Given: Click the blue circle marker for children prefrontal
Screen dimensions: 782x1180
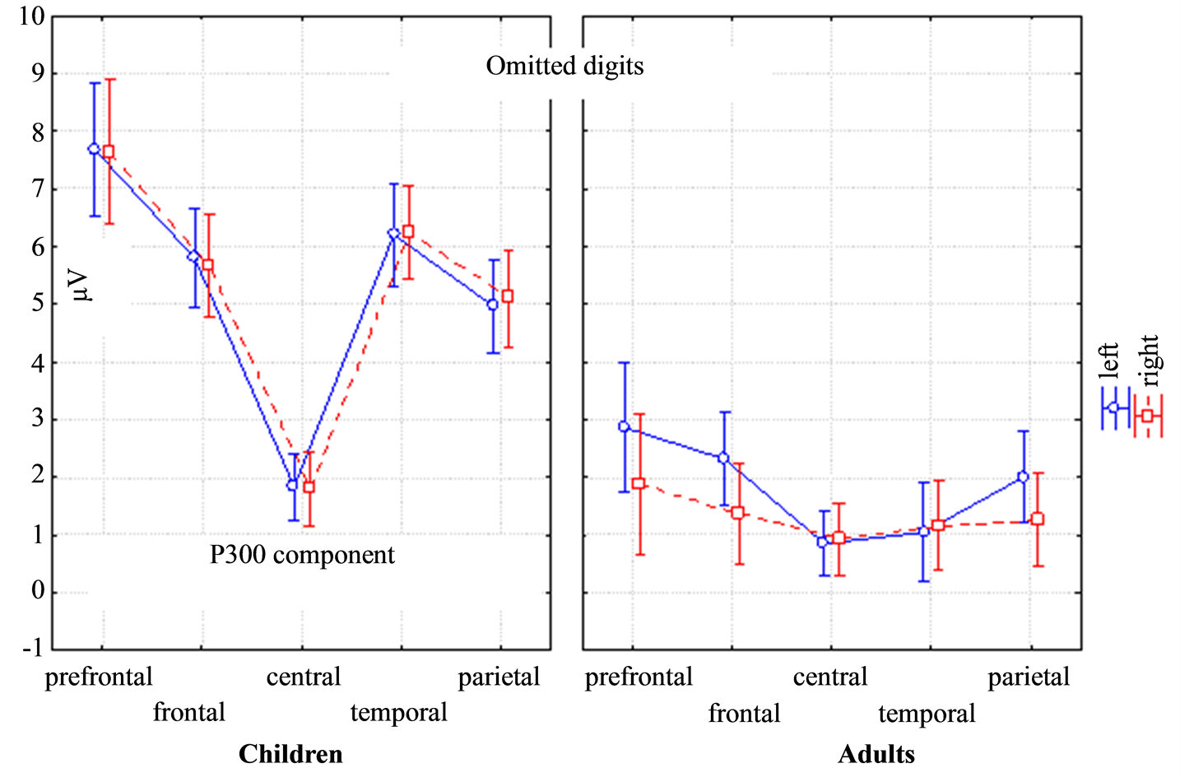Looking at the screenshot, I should [94, 149].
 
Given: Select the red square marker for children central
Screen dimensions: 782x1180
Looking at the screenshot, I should [309, 486].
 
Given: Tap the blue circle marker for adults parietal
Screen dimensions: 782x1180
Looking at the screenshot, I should [1023, 477].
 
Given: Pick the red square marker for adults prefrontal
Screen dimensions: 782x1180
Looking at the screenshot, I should [639, 483].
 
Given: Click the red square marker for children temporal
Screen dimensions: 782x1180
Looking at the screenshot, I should [408, 231].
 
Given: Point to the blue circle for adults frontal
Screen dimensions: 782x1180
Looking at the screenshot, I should [723, 458].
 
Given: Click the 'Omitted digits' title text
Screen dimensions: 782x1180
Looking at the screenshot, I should [564, 66].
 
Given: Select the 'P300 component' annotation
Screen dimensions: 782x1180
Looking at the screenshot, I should [302, 555].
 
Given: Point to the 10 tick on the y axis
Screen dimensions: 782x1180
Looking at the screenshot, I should [31, 16].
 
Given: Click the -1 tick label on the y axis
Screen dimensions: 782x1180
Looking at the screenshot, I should [31, 648].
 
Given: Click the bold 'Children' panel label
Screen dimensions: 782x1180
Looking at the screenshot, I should [290, 754].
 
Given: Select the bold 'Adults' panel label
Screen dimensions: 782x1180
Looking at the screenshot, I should [876, 754].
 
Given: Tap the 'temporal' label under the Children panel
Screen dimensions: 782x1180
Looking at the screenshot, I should [398, 713].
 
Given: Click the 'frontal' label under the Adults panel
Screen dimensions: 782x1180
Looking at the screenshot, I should [744, 713].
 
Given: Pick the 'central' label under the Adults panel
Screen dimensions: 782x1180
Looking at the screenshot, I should [829, 677].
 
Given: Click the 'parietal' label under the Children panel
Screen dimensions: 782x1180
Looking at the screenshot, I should [499, 677].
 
